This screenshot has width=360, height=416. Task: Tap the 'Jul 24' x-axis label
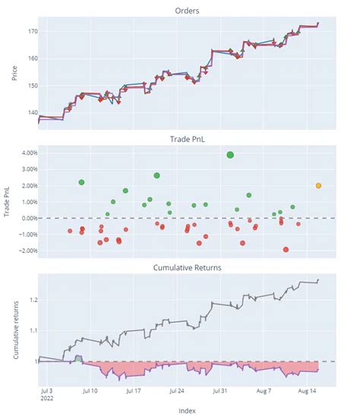(x=177, y=392)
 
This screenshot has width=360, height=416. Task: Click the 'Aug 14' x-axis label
(x=307, y=392)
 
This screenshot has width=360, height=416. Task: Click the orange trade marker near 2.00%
(x=318, y=185)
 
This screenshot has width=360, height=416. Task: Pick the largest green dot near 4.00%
(x=230, y=154)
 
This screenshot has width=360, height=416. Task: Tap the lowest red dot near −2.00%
(x=286, y=249)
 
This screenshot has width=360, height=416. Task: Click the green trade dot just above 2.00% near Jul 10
(x=81, y=182)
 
